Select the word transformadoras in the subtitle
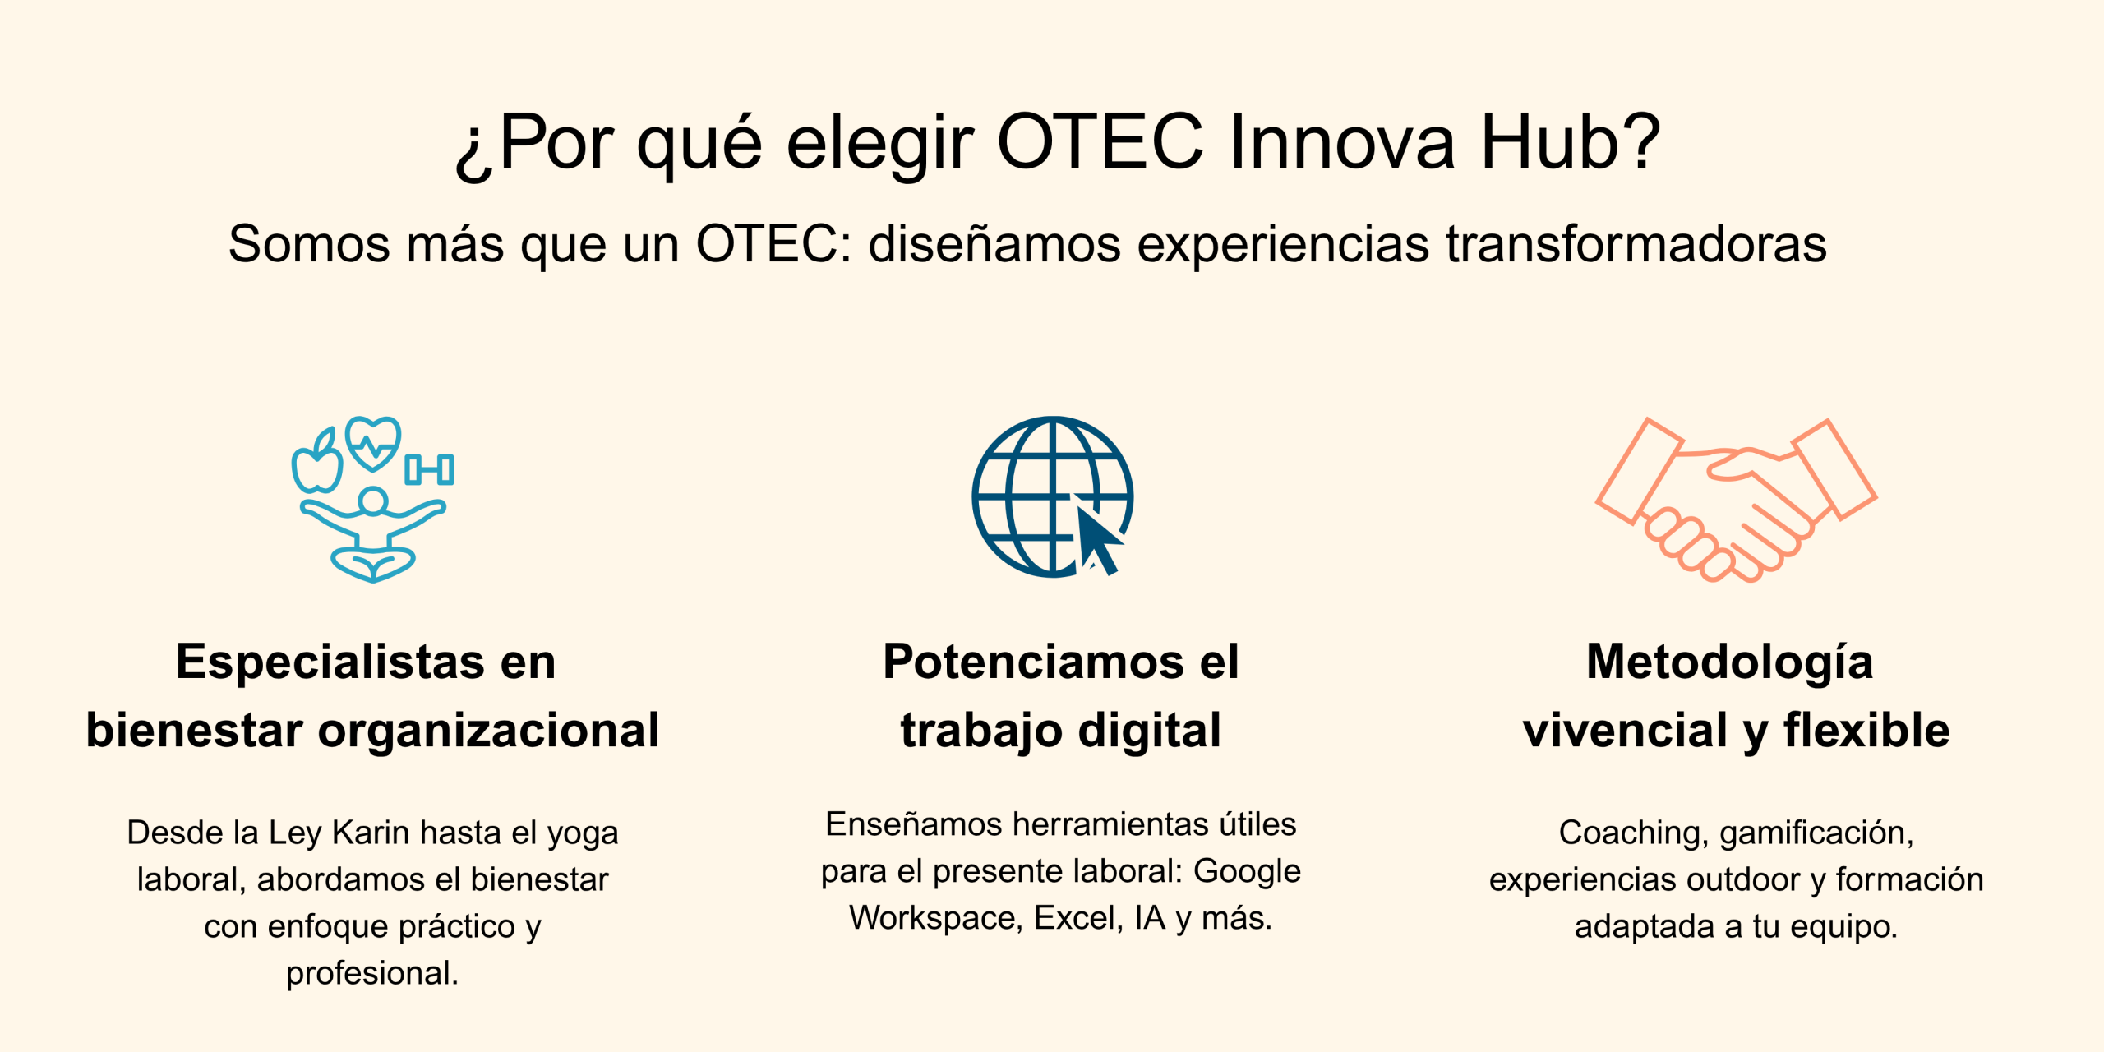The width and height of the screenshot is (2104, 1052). (1636, 244)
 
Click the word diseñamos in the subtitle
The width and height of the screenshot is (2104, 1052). (994, 244)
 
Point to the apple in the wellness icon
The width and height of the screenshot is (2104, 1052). (317, 462)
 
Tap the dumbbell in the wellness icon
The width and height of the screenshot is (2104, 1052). (429, 469)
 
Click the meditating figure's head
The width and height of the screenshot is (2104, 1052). (373, 501)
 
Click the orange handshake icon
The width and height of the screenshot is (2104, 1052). (1737, 500)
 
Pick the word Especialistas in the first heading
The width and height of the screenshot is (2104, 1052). (330, 662)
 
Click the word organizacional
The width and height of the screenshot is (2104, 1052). (489, 731)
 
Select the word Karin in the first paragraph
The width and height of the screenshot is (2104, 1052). (371, 833)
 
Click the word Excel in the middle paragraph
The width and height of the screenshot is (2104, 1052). (1075, 918)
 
